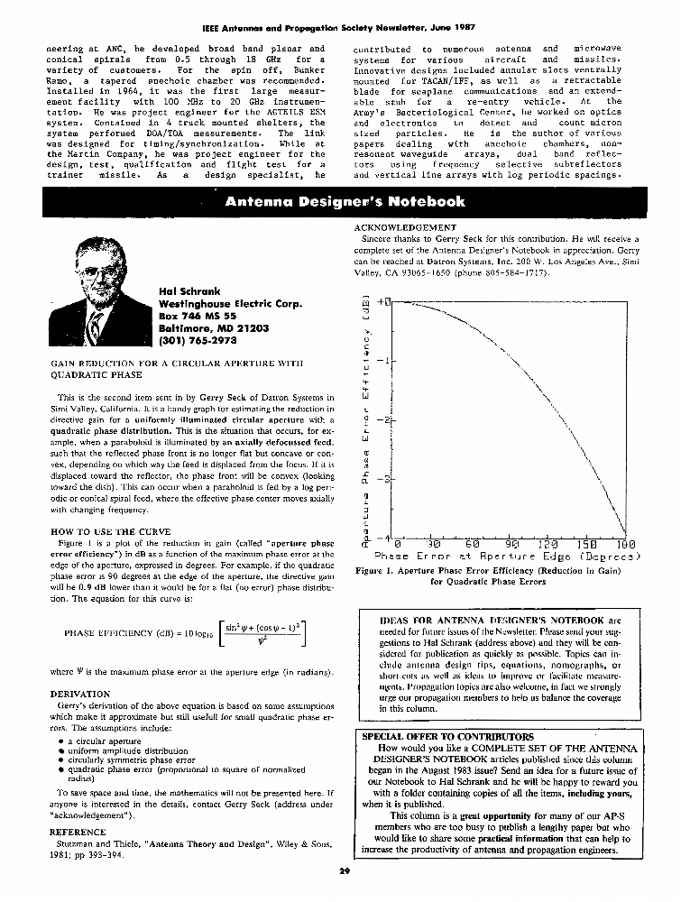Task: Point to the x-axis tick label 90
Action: [x=512, y=544]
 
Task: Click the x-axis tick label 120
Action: [x=549, y=544]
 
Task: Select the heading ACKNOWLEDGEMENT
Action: [x=405, y=228]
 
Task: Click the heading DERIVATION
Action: [x=80, y=695]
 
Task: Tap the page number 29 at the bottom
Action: [x=344, y=870]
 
